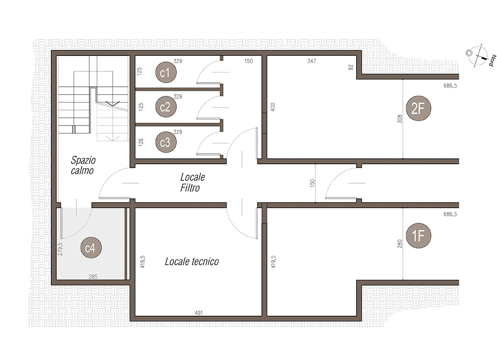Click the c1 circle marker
[166, 72]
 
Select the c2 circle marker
[166, 107]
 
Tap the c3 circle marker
[166, 142]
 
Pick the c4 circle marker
[91, 247]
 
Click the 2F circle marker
[418, 108]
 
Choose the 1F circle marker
[418, 235]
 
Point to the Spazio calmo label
[83, 165]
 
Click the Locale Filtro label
[193, 182]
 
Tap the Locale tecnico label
[192, 262]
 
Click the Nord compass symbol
[479, 56]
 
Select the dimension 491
[199, 313]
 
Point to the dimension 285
[93, 277]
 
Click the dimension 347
[312, 61]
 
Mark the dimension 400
[273, 107]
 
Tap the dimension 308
[400, 119]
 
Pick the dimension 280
[400, 244]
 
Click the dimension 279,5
[60, 249]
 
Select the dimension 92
[351, 67]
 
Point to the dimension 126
[141, 142]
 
